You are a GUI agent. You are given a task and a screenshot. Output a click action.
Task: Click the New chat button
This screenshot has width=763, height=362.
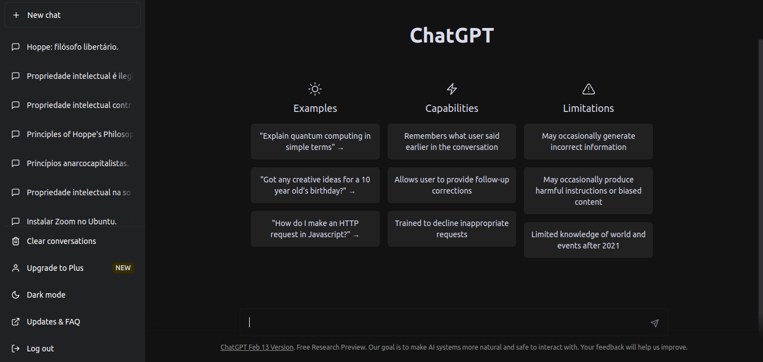72,15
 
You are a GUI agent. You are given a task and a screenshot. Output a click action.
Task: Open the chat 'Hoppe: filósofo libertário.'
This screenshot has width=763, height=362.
72,47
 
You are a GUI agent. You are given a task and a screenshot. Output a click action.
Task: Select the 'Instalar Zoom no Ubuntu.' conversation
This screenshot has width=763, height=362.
72,222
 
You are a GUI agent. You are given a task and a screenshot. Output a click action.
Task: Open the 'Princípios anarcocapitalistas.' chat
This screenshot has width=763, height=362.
72,163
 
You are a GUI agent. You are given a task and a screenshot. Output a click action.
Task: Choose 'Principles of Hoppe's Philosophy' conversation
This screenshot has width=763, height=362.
72,134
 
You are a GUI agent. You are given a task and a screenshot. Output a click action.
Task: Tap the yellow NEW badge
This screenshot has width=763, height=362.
123,268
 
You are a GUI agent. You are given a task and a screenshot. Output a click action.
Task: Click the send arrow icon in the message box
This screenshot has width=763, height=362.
654,323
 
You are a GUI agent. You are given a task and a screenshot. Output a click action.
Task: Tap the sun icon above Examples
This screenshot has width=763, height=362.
315,89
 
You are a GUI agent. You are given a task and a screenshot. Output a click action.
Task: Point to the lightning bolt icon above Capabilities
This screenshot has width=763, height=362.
452,89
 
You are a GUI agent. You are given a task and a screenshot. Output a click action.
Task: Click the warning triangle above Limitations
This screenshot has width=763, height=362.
589,89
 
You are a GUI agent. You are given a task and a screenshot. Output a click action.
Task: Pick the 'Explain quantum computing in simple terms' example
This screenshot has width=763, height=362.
315,142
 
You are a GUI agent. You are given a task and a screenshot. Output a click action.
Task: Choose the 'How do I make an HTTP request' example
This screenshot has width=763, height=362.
315,229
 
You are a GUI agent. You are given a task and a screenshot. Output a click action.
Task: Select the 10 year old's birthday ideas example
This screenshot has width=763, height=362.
315,185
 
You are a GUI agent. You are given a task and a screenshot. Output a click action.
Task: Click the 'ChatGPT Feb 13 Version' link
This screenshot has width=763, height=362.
257,347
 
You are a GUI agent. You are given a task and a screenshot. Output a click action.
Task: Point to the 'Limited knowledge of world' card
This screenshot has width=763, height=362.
588,240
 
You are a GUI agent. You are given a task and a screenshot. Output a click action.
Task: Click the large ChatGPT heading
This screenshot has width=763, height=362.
452,35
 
